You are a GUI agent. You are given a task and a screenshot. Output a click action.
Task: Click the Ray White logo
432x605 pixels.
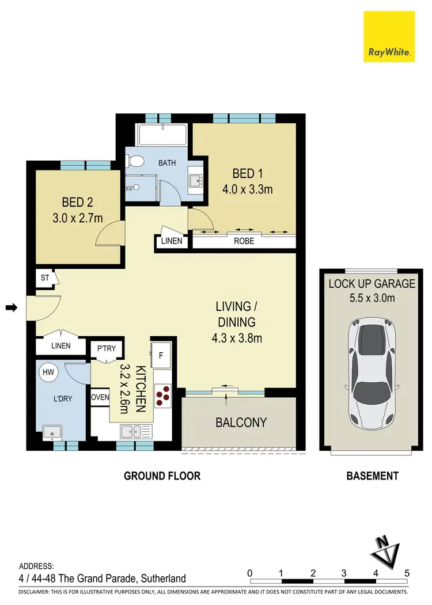point(389,37)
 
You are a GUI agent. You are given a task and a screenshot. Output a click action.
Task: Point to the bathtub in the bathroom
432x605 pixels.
point(161,135)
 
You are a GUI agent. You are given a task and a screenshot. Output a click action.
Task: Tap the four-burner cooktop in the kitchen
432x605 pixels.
point(163,392)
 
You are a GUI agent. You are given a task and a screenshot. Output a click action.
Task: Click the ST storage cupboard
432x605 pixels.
point(44,278)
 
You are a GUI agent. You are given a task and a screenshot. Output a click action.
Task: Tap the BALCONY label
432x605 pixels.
point(241,423)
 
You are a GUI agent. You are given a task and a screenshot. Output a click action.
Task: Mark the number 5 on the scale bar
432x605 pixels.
point(407,573)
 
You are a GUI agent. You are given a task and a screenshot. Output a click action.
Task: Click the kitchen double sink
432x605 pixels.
point(135,431)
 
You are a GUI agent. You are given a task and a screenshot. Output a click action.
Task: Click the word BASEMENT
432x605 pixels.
point(372,476)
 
